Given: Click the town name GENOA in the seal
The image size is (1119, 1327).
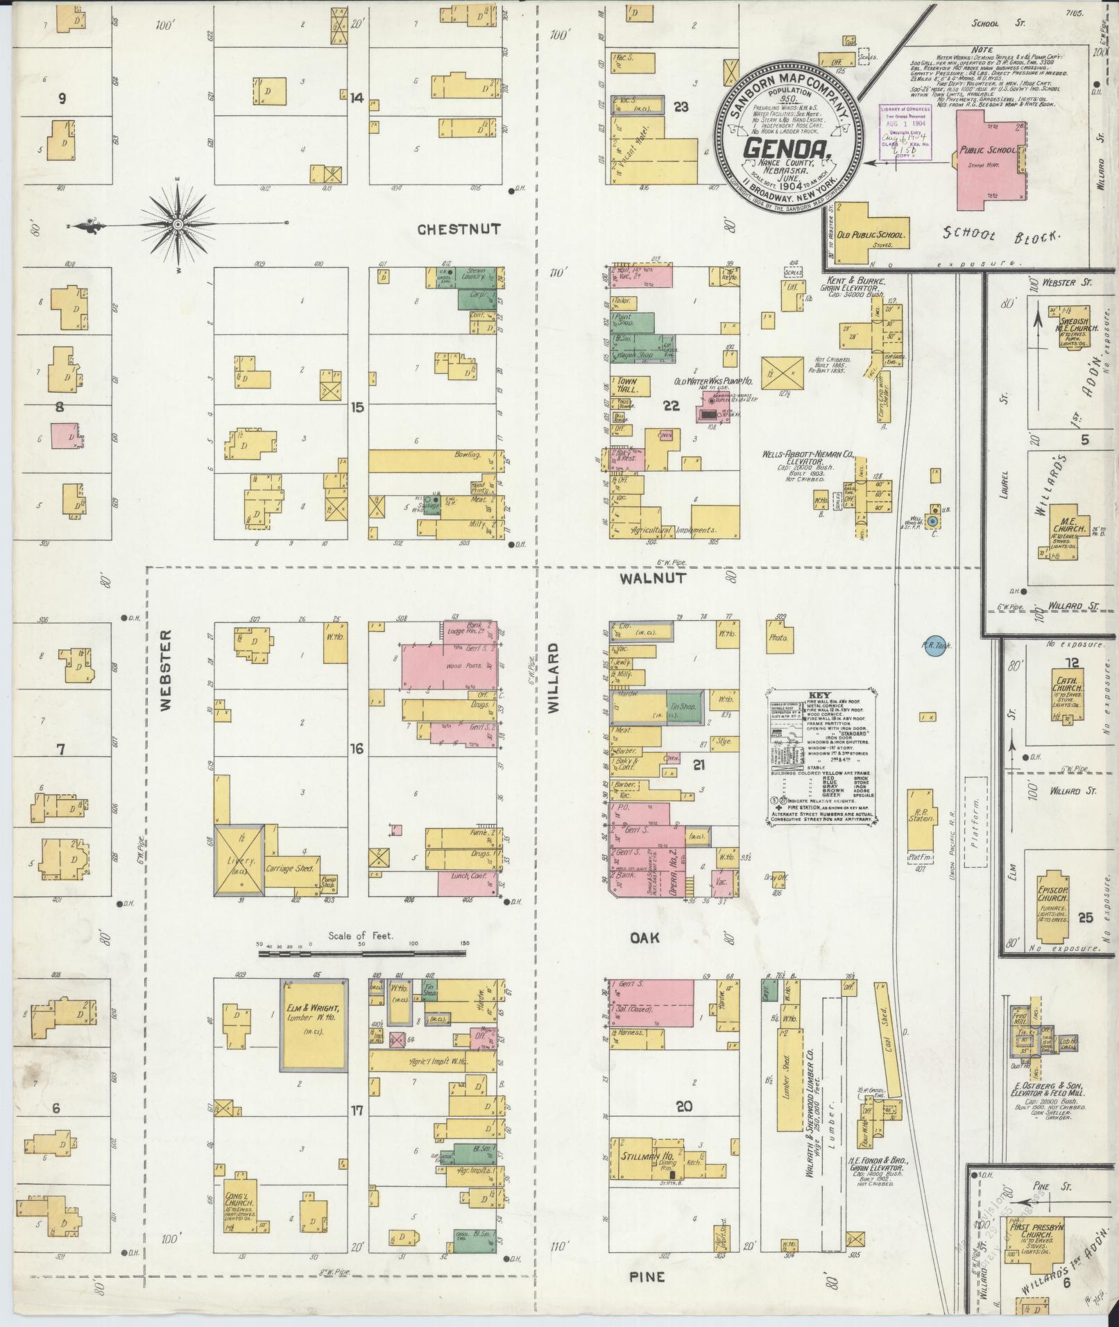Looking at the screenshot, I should pyautogui.click(x=789, y=148).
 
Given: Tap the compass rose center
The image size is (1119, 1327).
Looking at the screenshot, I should pyautogui.click(x=178, y=225).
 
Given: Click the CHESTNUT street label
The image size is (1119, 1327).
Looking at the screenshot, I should pyautogui.click(x=459, y=230).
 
